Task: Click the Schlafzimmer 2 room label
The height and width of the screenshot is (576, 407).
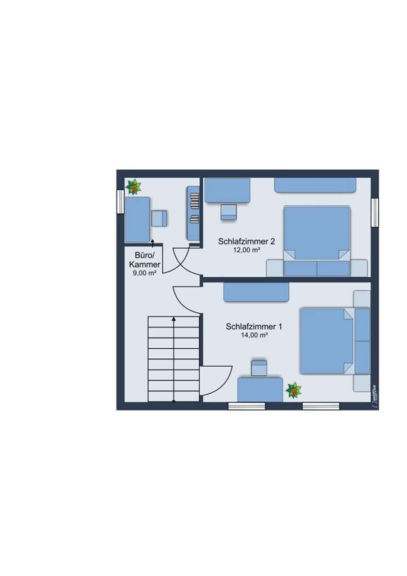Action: pyautogui.click(x=247, y=242)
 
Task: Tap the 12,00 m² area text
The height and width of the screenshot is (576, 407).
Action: pyautogui.click(x=247, y=250)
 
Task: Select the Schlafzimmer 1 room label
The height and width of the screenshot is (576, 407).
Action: pyautogui.click(x=254, y=327)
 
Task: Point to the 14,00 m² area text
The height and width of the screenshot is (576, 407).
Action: pyautogui.click(x=254, y=335)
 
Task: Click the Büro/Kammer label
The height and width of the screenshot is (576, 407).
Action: pyautogui.click(x=145, y=260)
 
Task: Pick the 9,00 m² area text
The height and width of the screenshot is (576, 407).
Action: pyautogui.click(x=145, y=273)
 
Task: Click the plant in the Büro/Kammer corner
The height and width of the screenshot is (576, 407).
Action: pyautogui.click(x=134, y=187)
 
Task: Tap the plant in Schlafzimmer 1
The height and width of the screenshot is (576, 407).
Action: pyautogui.click(x=294, y=390)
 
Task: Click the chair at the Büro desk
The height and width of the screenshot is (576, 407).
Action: pyautogui.click(x=159, y=218)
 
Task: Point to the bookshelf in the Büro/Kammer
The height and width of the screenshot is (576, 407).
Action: pyautogui.click(x=193, y=213)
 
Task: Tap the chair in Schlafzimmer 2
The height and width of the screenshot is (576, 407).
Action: pyautogui.click(x=229, y=212)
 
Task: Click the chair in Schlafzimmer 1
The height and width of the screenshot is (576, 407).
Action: pyautogui.click(x=259, y=368)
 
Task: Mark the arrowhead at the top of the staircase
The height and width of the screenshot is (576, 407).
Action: pyautogui.click(x=174, y=319)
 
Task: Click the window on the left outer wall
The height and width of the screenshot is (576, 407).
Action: pyautogui.click(x=120, y=201)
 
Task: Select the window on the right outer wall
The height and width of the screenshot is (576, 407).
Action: pyautogui.click(x=375, y=212)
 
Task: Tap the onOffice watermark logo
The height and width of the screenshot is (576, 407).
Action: pyautogui.click(x=374, y=397)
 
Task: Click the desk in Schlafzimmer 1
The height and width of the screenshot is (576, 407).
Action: pyautogui.click(x=260, y=390)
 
